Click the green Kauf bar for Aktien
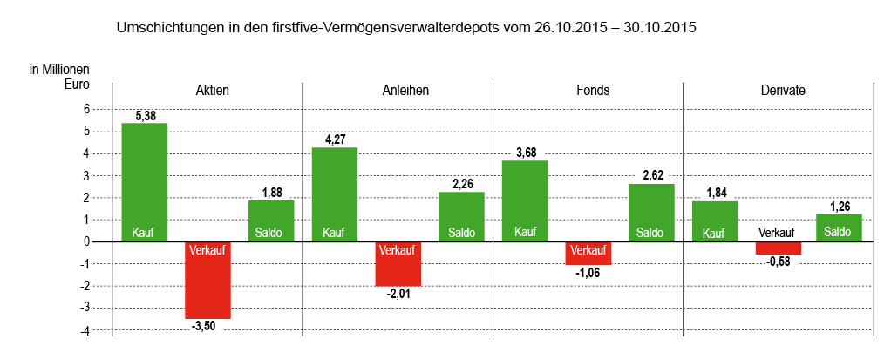144,182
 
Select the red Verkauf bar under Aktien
207,280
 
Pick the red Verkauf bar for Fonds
588,253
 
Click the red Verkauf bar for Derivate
778,248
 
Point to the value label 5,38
145,115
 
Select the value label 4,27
335,139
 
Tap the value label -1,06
588,273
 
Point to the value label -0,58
778,262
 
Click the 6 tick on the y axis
87,109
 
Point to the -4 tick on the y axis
85,330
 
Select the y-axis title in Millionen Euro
59,77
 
